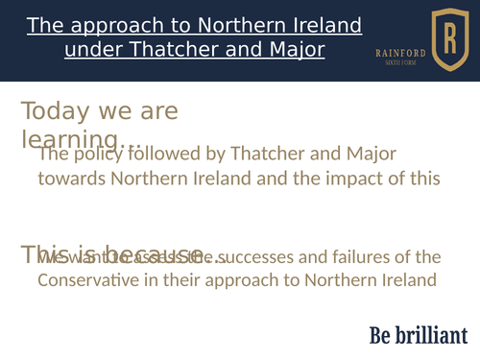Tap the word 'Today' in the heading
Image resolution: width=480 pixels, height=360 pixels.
click(50, 111)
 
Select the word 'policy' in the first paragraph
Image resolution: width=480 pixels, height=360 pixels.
click(97, 154)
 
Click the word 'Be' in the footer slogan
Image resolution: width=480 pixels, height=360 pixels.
click(381, 335)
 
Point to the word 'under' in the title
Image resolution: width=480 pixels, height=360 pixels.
click(91, 48)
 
